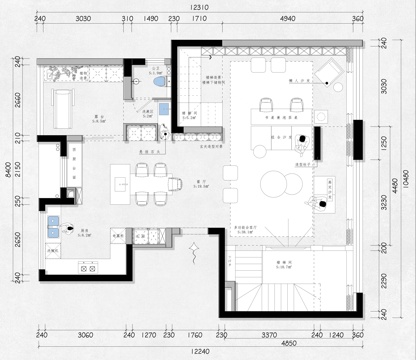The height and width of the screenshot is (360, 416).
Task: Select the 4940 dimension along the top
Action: tap(287, 19)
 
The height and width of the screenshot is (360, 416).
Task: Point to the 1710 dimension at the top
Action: tap(199, 19)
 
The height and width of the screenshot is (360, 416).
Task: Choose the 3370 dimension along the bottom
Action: tap(269, 337)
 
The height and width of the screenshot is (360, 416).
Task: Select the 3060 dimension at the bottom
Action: tap(84, 337)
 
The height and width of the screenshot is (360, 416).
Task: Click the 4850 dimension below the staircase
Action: tap(288, 345)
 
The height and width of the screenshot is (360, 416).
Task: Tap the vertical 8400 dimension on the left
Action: tap(7, 172)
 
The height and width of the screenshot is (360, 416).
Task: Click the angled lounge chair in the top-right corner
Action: tap(331, 71)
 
